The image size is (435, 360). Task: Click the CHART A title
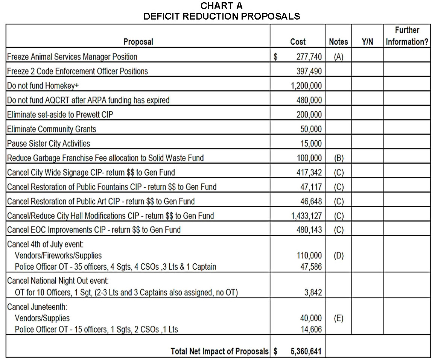tap(222, 6)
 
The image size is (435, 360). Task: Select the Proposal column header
tap(138, 42)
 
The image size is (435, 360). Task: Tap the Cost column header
tap(298, 42)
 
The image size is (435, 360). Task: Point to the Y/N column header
tap(367, 42)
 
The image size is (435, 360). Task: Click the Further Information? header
tap(407, 36)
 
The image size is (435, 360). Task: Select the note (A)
tap(338, 57)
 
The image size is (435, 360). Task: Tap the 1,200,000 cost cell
tap(306, 86)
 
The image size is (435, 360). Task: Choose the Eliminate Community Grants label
tap(52, 129)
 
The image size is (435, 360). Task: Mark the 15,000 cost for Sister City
tap(311, 144)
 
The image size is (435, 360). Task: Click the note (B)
tap(339, 158)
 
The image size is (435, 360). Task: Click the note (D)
tap(339, 256)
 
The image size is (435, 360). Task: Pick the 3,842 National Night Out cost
tap(313, 293)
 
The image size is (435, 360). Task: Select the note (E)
tap(339, 318)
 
